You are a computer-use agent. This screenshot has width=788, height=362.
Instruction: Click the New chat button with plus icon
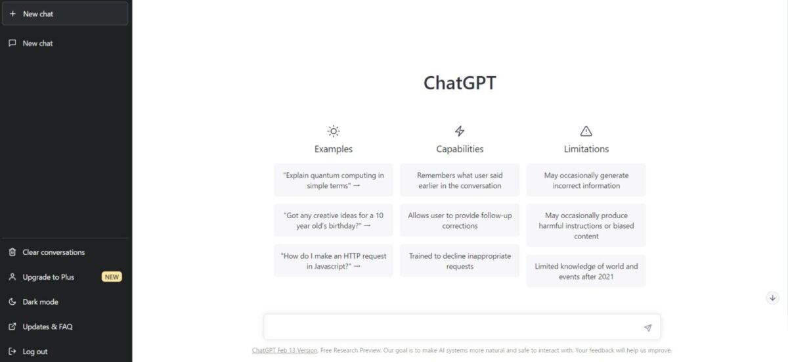point(65,14)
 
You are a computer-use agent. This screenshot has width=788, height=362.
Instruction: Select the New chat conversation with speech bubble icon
point(37,43)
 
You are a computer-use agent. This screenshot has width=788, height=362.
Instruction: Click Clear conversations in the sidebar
point(53,252)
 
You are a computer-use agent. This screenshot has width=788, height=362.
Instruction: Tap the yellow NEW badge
point(112,277)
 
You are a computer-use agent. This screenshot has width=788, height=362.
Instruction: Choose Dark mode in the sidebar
point(40,302)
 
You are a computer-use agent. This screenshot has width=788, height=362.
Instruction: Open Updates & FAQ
point(47,327)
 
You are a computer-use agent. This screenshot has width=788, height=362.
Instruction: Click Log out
point(34,351)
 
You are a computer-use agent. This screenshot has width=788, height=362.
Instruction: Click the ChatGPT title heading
point(460,83)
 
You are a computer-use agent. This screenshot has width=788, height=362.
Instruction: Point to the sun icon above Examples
point(334,131)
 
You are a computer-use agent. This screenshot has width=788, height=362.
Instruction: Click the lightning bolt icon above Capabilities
point(460,131)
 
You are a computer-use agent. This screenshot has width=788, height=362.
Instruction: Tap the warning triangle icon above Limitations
point(586,131)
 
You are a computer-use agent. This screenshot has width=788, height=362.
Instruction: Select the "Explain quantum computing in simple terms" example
point(334,180)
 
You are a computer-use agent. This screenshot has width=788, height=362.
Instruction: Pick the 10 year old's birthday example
point(334,220)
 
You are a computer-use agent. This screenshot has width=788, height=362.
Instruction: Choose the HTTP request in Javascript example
point(334,261)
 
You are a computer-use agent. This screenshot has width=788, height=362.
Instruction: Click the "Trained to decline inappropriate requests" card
point(460,261)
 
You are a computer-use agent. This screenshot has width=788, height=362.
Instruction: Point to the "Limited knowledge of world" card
point(586,271)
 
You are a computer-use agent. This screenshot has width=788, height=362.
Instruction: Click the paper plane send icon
point(647,328)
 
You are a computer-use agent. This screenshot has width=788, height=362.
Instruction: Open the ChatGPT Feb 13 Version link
point(284,350)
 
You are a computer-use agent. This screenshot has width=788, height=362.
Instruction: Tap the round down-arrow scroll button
point(772,298)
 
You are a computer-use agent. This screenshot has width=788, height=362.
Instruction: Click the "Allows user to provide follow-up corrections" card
point(460,220)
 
